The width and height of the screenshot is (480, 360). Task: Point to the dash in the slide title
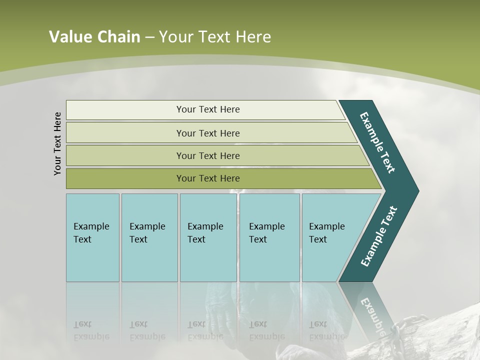tap(149, 37)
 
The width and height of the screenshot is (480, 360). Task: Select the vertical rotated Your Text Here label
tap(57, 143)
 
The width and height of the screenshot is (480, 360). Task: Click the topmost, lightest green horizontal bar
tap(207, 109)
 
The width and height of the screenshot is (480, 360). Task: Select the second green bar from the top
tap(207, 133)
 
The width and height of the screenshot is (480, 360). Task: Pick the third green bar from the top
tap(207, 155)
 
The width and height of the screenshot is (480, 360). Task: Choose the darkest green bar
tap(207, 178)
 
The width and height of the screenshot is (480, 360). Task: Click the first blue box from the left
tap(92, 237)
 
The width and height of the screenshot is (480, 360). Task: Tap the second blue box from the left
tap(149, 237)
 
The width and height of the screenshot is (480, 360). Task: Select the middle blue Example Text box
tap(208, 237)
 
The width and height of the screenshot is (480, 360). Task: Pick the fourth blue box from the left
tap(269, 237)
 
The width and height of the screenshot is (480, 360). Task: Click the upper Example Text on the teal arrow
tap(377, 142)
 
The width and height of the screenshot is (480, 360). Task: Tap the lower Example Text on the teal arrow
tap(378, 236)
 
